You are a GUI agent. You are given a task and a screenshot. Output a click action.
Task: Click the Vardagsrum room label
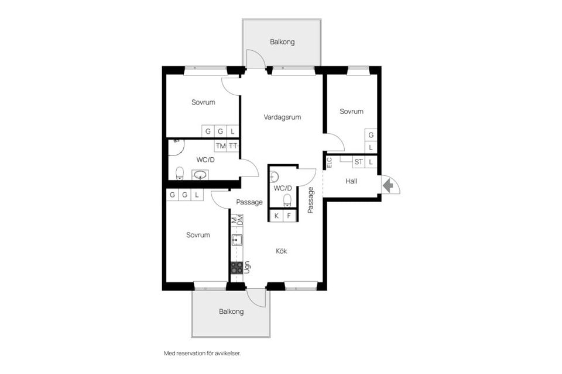click(282, 117)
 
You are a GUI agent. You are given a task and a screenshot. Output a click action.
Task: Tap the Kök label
click(282, 251)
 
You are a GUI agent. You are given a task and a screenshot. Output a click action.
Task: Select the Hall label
click(351, 181)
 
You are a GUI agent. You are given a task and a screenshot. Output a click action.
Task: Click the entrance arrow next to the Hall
click(388, 185)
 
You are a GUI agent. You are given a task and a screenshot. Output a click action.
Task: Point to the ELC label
click(329, 163)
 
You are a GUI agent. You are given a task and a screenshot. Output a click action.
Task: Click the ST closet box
click(358, 162)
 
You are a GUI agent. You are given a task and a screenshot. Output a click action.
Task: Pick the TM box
click(221, 146)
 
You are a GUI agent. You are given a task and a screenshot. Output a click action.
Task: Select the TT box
click(233, 146)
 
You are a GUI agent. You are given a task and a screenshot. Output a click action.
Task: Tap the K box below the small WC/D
click(276, 216)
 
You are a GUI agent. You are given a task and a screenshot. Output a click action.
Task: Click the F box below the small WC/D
click(289, 216)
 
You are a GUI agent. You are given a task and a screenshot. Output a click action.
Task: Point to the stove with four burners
click(237, 268)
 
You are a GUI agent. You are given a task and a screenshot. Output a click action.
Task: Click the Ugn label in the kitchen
click(248, 268)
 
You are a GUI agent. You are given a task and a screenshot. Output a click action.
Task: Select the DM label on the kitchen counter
click(240, 221)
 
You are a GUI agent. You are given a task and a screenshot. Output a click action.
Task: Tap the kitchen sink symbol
click(237, 240)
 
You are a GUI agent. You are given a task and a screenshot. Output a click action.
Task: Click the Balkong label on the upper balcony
click(282, 42)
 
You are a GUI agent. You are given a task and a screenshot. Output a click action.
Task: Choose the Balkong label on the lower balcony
click(231, 311)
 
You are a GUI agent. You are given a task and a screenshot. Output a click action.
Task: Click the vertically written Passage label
click(311, 199)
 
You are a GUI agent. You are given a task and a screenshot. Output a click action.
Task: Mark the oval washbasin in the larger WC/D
click(200, 174)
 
